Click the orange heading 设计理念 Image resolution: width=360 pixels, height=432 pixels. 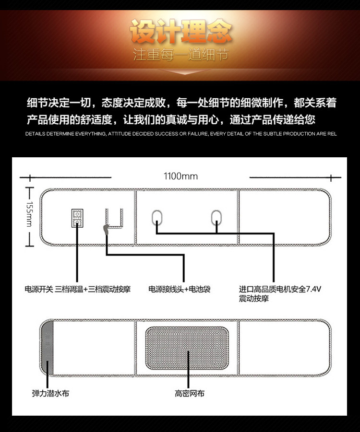(180, 32)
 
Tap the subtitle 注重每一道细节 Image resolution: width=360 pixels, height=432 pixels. (180, 55)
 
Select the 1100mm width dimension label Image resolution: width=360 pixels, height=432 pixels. (180, 176)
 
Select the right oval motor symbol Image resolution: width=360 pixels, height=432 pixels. (217, 219)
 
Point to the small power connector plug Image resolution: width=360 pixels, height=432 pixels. (106, 230)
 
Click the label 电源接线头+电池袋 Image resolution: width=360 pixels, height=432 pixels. (179, 289)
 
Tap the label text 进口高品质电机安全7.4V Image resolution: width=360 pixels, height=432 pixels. (280, 289)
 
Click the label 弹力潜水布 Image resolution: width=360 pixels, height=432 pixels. (50, 394)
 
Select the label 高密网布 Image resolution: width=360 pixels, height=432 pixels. (189, 394)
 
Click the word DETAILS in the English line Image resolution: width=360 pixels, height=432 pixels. (35, 134)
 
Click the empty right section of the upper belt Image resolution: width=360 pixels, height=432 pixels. (283, 217)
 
